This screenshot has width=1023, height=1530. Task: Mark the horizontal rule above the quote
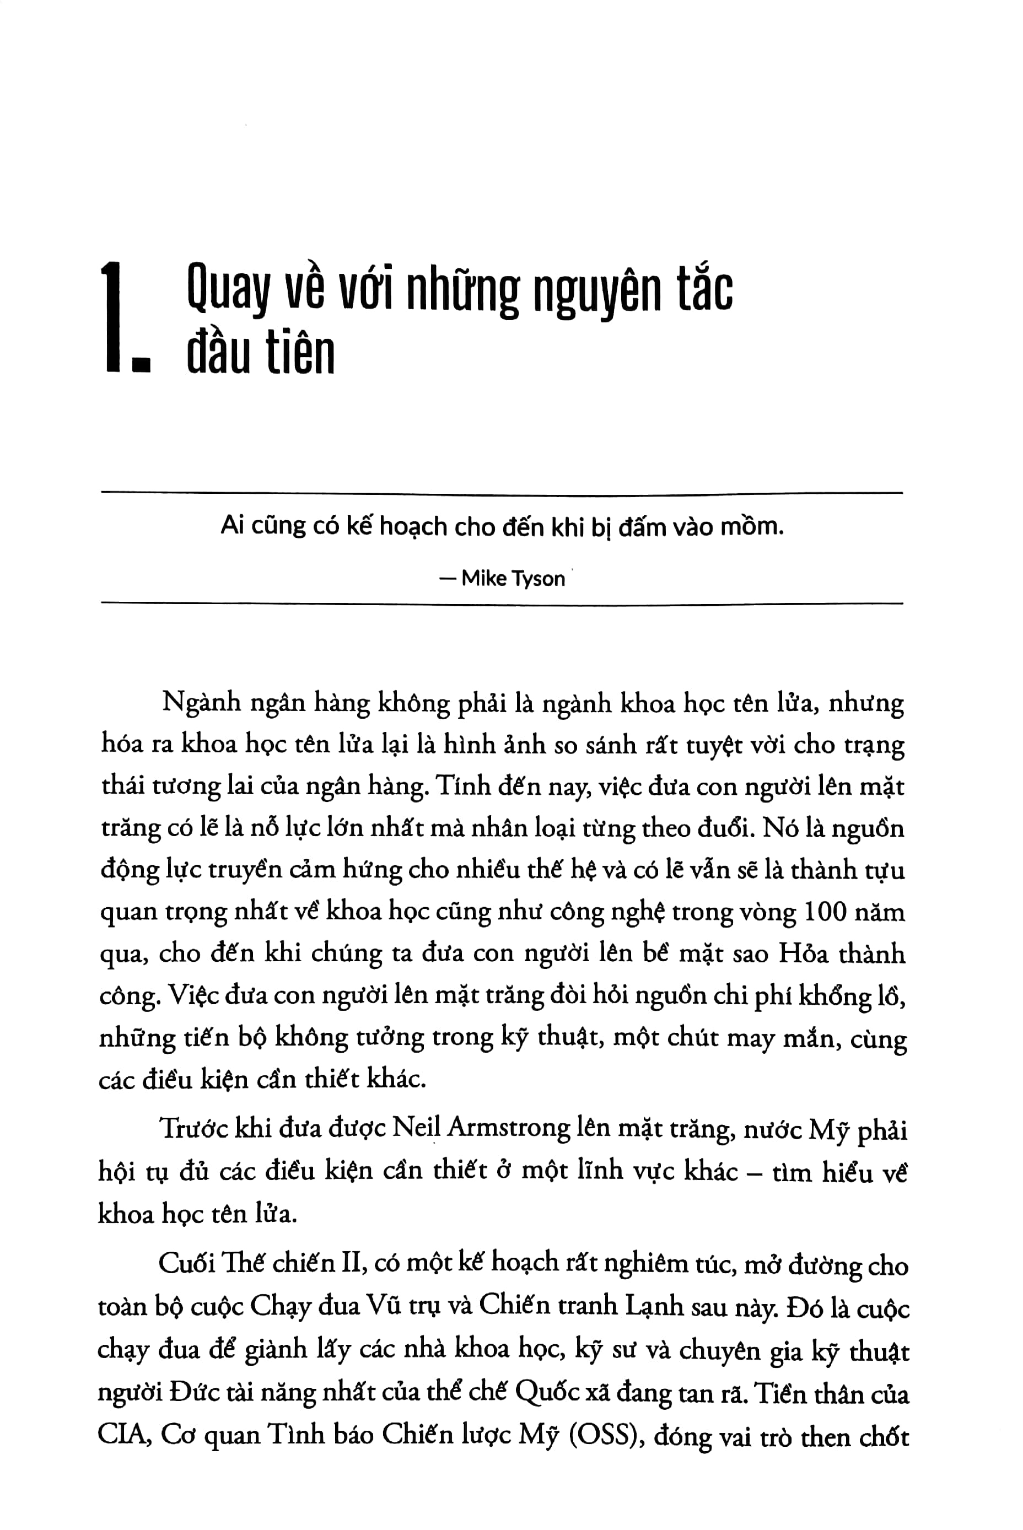point(502,493)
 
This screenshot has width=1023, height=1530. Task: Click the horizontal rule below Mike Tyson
point(502,604)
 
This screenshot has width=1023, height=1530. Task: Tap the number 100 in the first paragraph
point(827,912)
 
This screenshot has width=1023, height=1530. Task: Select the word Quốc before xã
point(547,1393)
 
